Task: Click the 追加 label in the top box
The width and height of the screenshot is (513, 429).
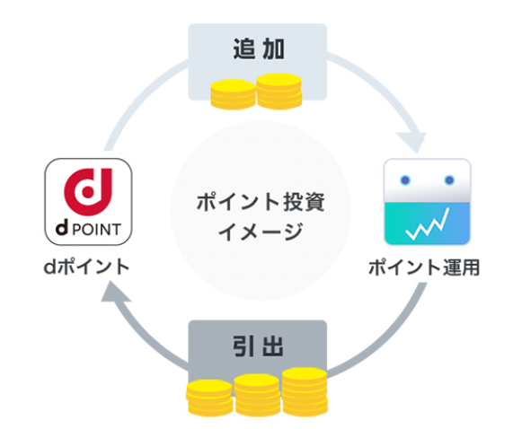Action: (x=259, y=49)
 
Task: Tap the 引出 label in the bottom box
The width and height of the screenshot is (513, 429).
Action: (x=258, y=346)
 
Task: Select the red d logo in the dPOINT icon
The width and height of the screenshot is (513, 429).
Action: (x=88, y=192)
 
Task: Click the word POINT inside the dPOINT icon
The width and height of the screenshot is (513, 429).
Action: (x=96, y=230)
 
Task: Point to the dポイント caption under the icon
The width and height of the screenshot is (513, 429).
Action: (x=86, y=267)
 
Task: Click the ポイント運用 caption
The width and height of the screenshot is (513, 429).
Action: (x=424, y=267)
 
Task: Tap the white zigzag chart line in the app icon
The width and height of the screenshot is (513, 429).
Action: (x=428, y=224)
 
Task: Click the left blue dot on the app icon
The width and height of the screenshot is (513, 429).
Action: (x=405, y=180)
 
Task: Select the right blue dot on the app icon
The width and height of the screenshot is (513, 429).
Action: (x=449, y=180)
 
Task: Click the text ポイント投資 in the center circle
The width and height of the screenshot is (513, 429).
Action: (x=261, y=202)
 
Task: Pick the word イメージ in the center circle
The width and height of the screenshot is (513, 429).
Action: (x=261, y=231)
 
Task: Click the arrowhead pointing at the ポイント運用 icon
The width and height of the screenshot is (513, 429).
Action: (x=413, y=143)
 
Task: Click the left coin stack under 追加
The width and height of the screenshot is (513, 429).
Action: (x=233, y=93)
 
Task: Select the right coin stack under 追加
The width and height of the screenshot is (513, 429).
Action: (x=279, y=91)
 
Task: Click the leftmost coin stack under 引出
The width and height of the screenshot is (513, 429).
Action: (x=210, y=398)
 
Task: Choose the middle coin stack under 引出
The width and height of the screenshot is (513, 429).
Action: (x=258, y=395)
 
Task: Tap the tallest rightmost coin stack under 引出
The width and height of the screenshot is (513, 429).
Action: (x=305, y=391)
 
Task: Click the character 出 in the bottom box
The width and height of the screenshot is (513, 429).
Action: (x=272, y=346)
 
